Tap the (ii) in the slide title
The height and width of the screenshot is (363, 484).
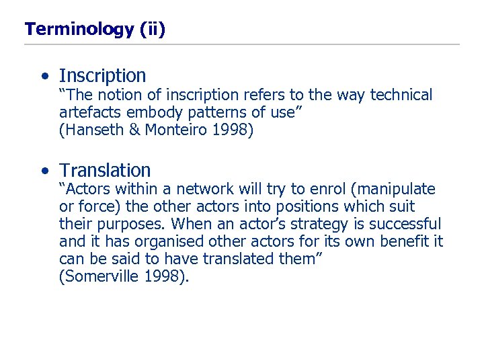[153, 29]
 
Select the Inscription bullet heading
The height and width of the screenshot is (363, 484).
[102, 76]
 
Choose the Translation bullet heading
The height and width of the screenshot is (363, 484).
[105, 170]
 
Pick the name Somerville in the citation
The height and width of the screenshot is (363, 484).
[100, 277]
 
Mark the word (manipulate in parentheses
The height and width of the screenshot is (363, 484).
[391, 190]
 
